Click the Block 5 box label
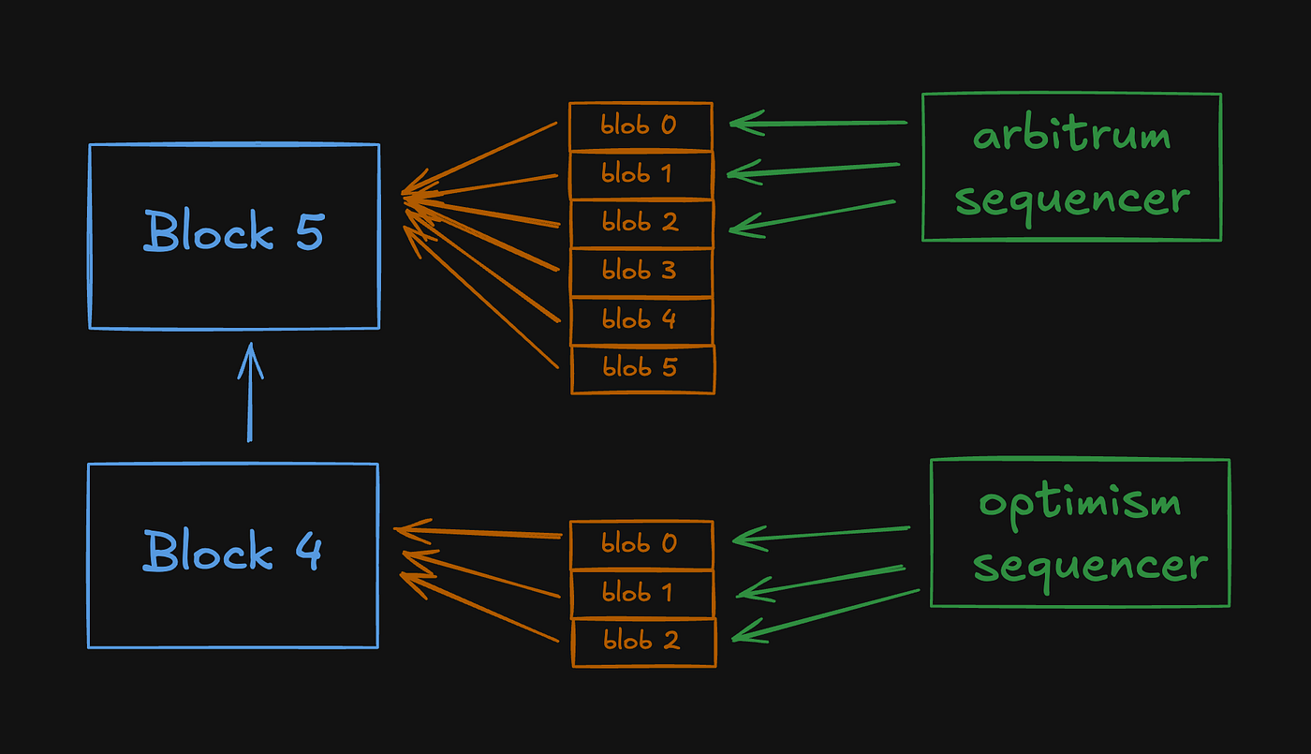pos(233,231)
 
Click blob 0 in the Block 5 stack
pos(641,126)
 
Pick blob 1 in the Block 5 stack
pos(641,174)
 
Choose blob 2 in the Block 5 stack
pos(641,223)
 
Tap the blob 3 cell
pos(641,272)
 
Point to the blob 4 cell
pos(641,319)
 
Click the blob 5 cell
pos(641,368)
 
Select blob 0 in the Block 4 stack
pos(641,544)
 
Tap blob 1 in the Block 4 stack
pos(641,593)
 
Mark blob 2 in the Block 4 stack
pos(642,642)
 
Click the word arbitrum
pos(1071,137)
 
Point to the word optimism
pos(1079,503)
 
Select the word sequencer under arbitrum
pos(1072,200)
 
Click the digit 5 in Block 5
pos(309,231)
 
